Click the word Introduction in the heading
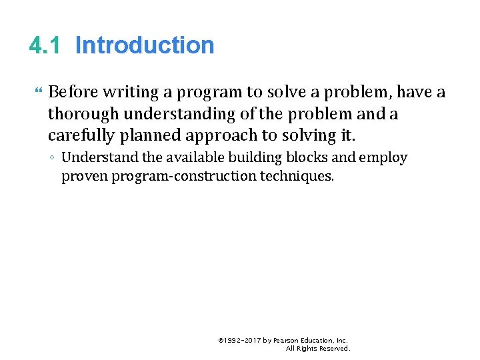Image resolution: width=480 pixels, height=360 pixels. point(145,45)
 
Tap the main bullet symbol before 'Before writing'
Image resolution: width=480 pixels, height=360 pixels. point(35,92)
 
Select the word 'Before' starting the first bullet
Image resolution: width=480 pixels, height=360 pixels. point(73,92)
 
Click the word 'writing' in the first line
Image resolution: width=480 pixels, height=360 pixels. point(127,92)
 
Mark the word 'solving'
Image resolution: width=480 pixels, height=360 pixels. point(309,136)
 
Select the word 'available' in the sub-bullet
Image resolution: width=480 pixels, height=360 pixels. point(176,158)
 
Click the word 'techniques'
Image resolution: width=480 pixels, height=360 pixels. point(299,177)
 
